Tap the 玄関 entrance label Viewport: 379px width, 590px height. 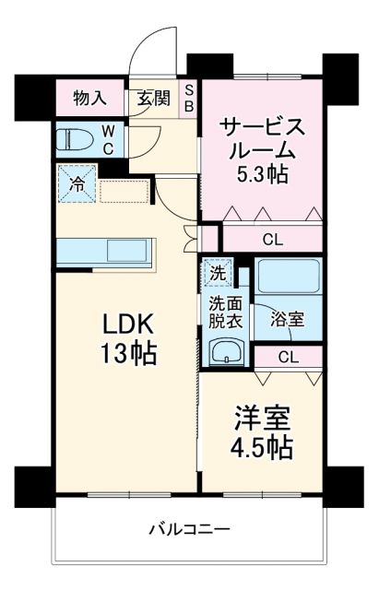[153, 97]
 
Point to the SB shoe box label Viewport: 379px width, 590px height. [188, 97]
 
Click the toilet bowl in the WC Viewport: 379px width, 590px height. [73, 139]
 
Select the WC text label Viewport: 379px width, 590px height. [108, 139]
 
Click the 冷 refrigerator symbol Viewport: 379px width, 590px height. [77, 183]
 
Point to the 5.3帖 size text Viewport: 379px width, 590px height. [263, 172]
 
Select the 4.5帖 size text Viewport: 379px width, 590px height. [261, 448]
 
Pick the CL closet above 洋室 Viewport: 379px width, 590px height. [287, 357]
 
